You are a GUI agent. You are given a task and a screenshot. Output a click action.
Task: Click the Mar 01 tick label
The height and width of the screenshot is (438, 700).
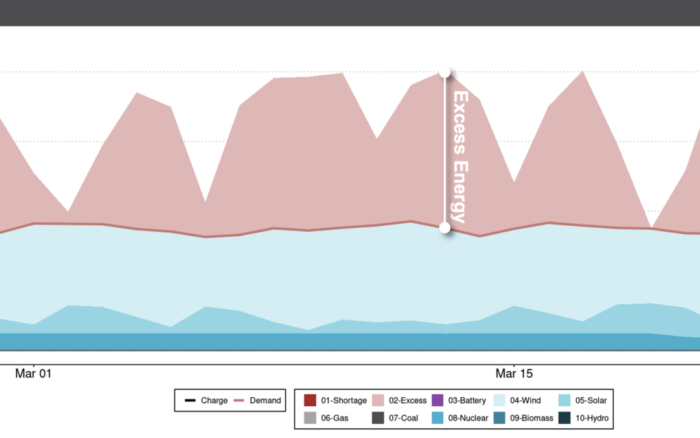pos(33,374)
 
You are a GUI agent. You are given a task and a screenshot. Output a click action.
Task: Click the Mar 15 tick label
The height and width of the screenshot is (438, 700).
pos(514,374)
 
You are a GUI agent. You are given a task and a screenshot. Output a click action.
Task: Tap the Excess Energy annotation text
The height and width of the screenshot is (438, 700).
pos(460,156)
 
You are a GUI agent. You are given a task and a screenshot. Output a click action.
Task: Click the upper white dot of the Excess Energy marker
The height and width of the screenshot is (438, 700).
pos(445,73)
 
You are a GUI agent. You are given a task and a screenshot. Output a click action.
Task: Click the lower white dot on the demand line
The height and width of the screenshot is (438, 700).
pos(445,227)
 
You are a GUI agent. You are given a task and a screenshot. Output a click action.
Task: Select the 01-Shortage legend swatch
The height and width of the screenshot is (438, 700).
pos(310,400)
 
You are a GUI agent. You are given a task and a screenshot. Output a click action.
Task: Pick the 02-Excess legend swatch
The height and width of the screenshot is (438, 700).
pos(378,400)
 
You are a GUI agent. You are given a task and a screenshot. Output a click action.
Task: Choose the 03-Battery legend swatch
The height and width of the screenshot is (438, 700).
pos(437,400)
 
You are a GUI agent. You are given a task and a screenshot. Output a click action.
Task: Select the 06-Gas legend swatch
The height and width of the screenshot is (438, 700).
pos(310,418)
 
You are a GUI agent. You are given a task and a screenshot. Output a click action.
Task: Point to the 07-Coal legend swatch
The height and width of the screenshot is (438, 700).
pos(378,418)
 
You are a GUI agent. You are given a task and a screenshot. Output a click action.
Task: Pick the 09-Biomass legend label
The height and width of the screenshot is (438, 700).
pos(531,418)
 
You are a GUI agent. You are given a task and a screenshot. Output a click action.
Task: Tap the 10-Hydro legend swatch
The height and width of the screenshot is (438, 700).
pos(563,418)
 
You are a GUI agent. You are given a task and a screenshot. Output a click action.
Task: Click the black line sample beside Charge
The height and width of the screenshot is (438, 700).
pos(190,400)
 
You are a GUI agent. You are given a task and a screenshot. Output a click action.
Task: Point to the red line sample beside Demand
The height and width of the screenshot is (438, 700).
pos(239,400)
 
